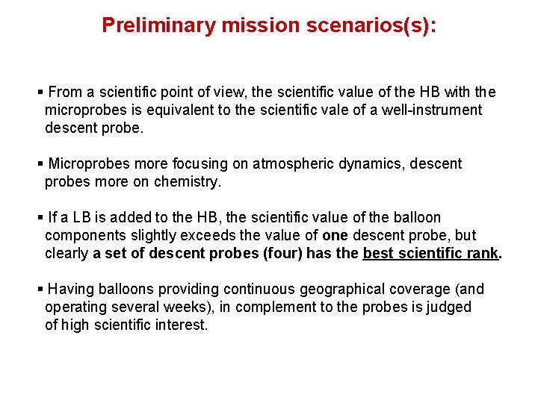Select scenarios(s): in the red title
coord(371,25)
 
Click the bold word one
coord(335,235)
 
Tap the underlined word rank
coord(483,253)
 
